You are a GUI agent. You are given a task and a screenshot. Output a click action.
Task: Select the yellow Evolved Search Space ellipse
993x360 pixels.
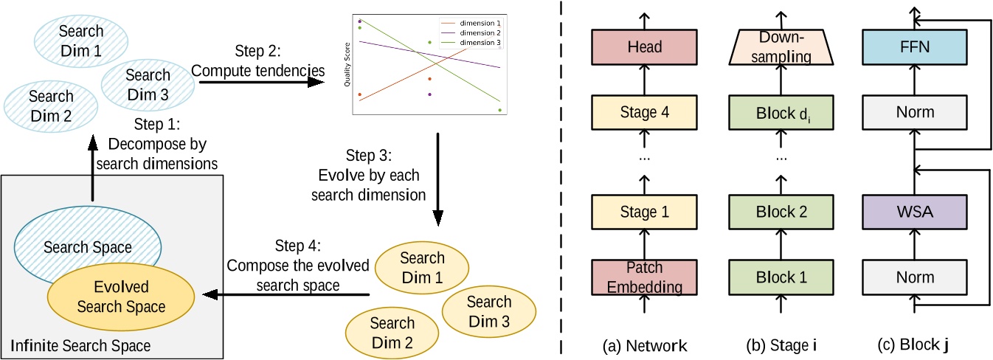click(x=121, y=297)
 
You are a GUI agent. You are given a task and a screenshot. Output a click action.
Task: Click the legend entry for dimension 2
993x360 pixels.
click(x=477, y=33)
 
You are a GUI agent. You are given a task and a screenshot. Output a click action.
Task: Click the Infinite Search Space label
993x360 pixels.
click(x=80, y=345)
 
